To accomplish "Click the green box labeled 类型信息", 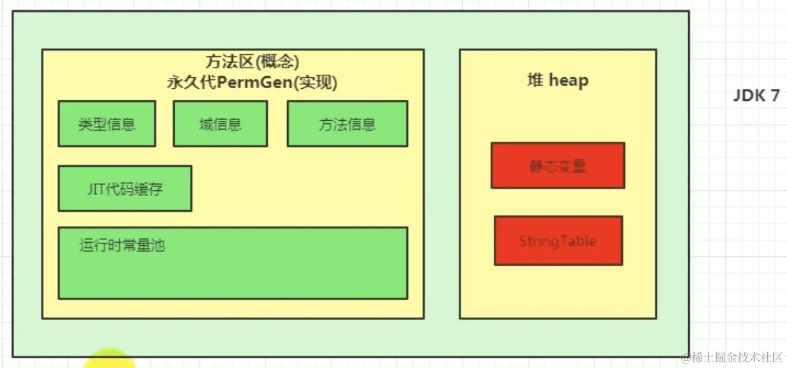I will pos(107,124).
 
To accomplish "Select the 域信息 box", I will pos(220,124).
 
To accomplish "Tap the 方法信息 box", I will pos(347,124).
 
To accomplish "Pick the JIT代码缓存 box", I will pos(124,188).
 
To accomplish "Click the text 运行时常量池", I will pos(122,245).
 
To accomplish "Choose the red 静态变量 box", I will pos(557,165).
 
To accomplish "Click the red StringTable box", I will pos(557,241).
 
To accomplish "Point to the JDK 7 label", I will pos(756,96).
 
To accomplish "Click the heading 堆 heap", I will pos(557,80).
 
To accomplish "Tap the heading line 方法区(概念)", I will pos(253,62).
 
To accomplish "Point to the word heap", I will pos(568,80).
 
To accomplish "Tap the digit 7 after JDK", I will pos(774,96).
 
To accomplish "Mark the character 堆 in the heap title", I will pos(535,80).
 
